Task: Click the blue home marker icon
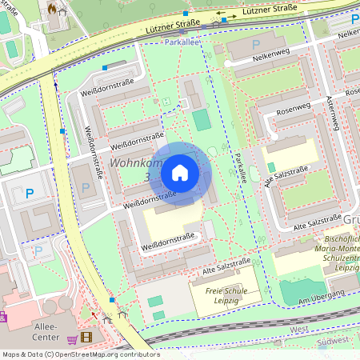[x=180, y=172]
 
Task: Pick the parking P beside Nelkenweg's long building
[x=256, y=45]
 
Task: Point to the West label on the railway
[x=298, y=329]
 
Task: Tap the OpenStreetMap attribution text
[x=80, y=354]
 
